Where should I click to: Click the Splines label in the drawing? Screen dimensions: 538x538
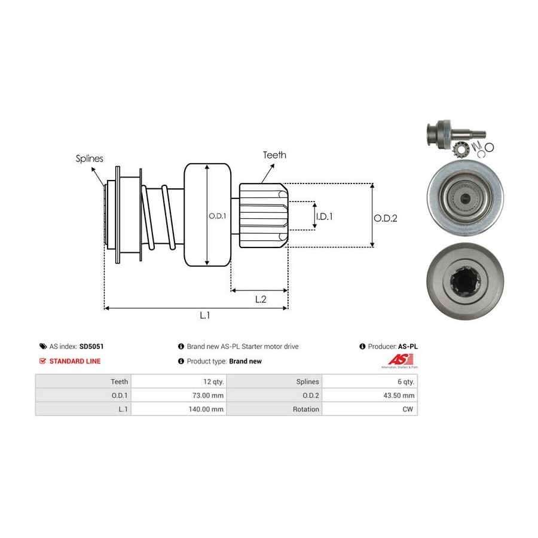tap(89, 159)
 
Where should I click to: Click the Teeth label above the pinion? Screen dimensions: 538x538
tap(274, 155)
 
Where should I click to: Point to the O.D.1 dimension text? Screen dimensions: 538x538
tap(217, 216)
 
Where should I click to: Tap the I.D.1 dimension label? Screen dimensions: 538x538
tap(324, 216)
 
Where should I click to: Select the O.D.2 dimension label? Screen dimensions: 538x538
tap(386, 218)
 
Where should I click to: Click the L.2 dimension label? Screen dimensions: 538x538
tap(260, 299)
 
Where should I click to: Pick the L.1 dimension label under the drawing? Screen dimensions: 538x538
tap(204, 316)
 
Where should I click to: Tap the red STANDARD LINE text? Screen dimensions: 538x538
tap(75, 361)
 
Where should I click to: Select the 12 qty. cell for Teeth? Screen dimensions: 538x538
tap(179, 381)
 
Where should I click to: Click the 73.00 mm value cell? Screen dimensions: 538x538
tap(179, 395)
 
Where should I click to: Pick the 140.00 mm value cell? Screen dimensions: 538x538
tap(179, 409)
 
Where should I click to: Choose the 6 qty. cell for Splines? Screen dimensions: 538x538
tap(370, 381)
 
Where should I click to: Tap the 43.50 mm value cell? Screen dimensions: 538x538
tap(370, 395)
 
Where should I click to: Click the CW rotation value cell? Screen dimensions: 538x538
tap(370, 409)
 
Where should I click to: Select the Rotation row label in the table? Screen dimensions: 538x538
tap(275, 409)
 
